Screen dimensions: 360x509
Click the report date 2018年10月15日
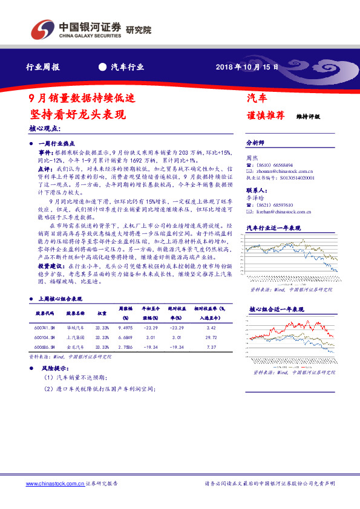pos(247,67)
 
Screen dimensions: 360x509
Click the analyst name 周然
pos(254,157)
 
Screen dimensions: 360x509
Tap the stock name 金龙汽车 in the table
pos(75,347)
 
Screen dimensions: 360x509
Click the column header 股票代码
pos(45,313)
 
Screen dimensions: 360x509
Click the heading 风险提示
pos(53,368)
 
